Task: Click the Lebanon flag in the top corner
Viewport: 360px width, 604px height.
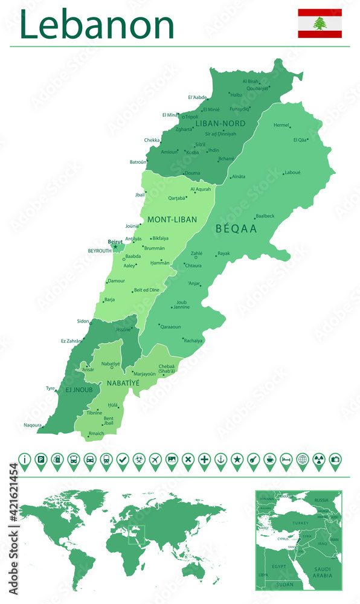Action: (x=320, y=24)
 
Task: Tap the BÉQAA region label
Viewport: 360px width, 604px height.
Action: (x=236, y=229)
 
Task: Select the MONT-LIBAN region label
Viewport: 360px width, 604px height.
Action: (x=172, y=219)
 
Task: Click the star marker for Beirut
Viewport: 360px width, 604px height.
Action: (x=115, y=246)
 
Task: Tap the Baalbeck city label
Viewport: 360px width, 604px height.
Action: (x=265, y=216)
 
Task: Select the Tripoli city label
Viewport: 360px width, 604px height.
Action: (x=191, y=117)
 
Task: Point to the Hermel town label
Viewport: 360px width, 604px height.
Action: (x=281, y=125)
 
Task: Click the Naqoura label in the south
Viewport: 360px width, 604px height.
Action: (x=33, y=425)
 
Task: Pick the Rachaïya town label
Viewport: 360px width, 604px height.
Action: (x=193, y=341)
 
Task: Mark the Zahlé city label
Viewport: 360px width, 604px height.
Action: (x=196, y=254)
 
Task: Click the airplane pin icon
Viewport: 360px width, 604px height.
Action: (x=155, y=460)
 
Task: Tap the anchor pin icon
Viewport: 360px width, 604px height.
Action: (x=221, y=460)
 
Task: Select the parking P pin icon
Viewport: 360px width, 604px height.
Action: (x=40, y=460)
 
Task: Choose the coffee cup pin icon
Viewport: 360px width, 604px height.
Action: (x=270, y=460)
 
